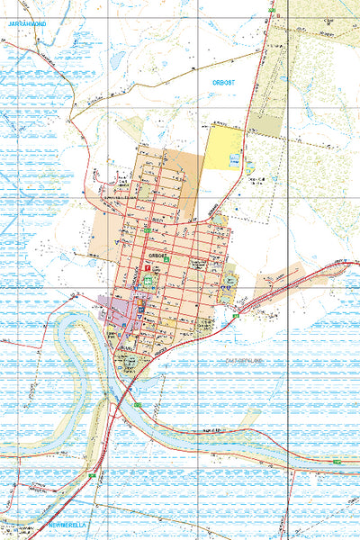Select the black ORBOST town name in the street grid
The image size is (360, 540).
[x=158, y=255]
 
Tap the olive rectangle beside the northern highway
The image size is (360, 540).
[x=265, y=124]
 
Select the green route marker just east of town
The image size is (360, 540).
[x=236, y=317]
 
